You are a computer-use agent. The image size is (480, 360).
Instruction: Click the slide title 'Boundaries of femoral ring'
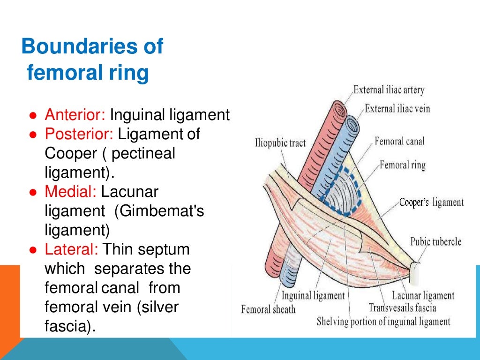point(92,60)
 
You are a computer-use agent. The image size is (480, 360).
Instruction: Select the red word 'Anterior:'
point(76,115)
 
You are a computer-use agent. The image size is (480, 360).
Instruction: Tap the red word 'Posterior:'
point(79,134)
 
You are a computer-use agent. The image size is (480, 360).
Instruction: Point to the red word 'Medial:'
point(70,192)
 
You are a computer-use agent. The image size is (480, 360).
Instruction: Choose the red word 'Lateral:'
point(72,249)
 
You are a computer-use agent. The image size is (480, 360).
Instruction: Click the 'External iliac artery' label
point(389,90)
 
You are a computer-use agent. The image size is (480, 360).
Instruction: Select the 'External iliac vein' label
point(397,109)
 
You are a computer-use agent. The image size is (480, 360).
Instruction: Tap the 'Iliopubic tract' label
point(280,142)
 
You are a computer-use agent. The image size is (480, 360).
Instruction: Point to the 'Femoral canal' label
point(399,141)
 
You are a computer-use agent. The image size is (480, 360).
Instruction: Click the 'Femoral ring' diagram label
point(402,165)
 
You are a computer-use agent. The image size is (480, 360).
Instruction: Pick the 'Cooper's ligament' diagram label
point(431,202)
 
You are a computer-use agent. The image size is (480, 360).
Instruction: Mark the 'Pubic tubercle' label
point(435,242)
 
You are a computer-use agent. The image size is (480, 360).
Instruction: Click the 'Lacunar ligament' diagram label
point(423,296)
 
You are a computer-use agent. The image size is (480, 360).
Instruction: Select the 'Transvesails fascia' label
point(402,308)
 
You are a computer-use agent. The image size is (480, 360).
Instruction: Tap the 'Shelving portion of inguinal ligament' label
point(383,322)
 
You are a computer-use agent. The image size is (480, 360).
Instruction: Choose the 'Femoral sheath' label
point(268,309)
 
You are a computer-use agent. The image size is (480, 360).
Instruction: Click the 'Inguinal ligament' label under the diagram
point(313,296)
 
